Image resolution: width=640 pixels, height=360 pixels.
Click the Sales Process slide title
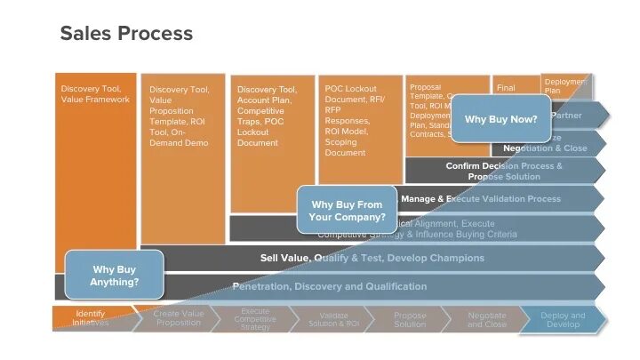[126, 34]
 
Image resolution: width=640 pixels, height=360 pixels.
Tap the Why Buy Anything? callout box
[115, 275]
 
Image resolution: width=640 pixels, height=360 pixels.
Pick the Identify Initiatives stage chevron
[91, 319]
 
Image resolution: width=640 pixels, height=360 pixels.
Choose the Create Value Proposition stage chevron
[179, 319]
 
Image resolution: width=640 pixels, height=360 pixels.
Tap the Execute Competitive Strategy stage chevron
[255, 319]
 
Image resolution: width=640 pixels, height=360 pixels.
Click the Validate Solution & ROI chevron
[332, 319]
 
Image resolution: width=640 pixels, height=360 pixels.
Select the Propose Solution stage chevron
[410, 319]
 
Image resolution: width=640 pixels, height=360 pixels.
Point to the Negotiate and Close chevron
[486, 319]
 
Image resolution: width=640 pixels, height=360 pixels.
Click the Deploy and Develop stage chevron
[563, 319]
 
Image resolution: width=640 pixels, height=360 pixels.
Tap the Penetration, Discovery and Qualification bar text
[329, 286]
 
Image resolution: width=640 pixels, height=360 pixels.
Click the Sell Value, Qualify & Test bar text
[372, 258]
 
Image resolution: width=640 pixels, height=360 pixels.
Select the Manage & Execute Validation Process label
[480, 199]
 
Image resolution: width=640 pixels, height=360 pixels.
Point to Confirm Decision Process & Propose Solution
[503, 171]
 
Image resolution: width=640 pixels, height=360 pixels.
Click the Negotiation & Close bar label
[545, 148]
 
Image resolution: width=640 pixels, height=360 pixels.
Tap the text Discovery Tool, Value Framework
[95, 94]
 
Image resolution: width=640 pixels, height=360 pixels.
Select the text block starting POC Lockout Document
[351, 120]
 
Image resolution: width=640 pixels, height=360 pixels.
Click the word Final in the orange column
[506, 88]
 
